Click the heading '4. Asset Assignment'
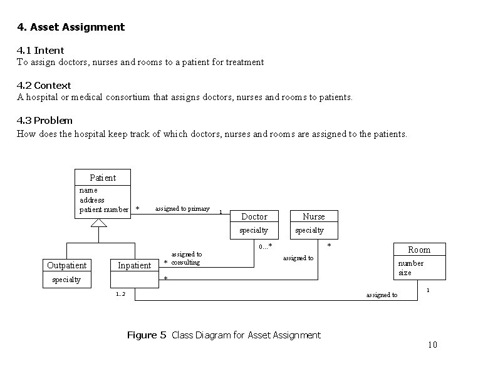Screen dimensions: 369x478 [x=71, y=27]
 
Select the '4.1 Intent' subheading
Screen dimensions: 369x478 [x=40, y=50]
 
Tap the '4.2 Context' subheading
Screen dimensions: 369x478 [x=44, y=85]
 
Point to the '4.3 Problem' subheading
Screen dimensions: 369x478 [x=44, y=120]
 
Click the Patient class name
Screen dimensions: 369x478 [x=103, y=178]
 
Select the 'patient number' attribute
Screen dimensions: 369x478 [x=104, y=210]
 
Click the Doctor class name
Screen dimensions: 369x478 [x=254, y=216]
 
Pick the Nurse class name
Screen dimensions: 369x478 [x=314, y=216]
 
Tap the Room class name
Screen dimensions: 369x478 [x=419, y=250]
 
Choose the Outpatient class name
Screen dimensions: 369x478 [x=67, y=265]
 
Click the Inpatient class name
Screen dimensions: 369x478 [x=135, y=265]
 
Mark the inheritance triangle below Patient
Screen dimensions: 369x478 [x=99, y=223]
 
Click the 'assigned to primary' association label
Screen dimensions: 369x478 [x=182, y=208]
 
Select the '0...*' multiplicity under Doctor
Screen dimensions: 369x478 [x=266, y=246]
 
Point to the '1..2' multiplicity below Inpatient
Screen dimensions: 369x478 [x=120, y=295]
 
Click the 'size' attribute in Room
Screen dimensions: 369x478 [x=405, y=273]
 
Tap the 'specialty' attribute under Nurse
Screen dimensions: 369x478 [x=309, y=230]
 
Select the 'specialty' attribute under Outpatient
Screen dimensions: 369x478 [x=66, y=280]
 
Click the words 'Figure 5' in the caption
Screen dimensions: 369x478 [x=147, y=335]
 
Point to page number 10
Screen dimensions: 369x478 [x=432, y=345]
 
